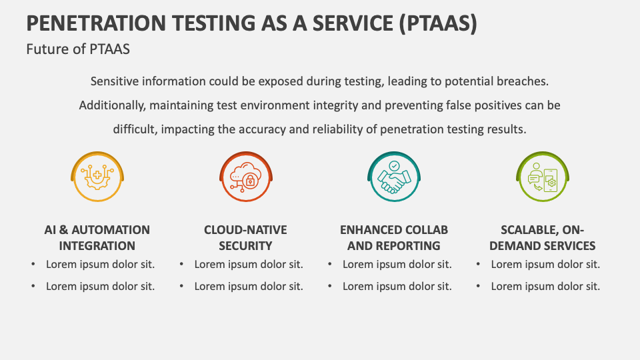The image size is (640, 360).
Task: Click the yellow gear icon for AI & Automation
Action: pyautogui.click(x=97, y=177)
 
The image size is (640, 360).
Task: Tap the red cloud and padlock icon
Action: pyautogui.click(x=246, y=177)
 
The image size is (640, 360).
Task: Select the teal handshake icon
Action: pyautogui.click(x=394, y=177)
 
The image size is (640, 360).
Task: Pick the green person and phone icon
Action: pyautogui.click(x=543, y=177)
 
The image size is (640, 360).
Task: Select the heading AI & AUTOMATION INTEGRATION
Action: pyautogui.click(x=97, y=237)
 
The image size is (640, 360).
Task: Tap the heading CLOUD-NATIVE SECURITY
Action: pyautogui.click(x=245, y=237)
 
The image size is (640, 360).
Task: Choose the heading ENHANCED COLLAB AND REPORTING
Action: pyautogui.click(x=394, y=237)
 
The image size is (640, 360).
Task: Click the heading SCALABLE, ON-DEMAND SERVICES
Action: pyautogui.click(x=543, y=237)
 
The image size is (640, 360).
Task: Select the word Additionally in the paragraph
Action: pyautogui.click(x=112, y=105)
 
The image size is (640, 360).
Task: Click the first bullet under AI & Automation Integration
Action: pyautogui.click(x=100, y=265)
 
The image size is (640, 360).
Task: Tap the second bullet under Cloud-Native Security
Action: pyautogui.click(x=249, y=287)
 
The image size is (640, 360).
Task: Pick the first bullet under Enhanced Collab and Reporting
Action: pyautogui.click(x=397, y=265)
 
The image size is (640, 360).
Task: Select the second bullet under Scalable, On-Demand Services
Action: pyautogui.click(x=545, y=287)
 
